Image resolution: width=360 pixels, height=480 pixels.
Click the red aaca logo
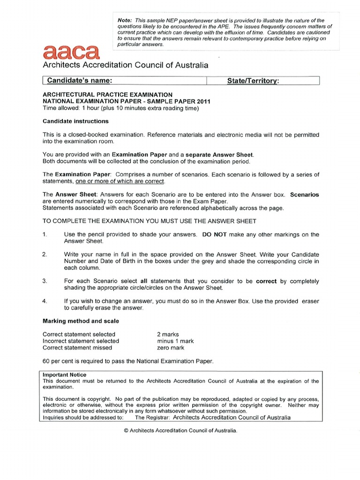(x=71, y=52)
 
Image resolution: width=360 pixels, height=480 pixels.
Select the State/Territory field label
(x=253, y=81)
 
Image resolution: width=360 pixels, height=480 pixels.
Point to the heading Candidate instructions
(x=75, y=121)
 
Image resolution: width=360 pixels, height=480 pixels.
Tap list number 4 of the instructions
(x=45, y=301)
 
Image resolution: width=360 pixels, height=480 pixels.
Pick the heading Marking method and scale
(x=81, y=321)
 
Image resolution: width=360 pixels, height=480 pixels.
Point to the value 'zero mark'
(x=171, y=348)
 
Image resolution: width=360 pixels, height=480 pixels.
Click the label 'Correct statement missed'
(x=77, y=348)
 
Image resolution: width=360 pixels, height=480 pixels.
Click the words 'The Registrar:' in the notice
(x=153, y=418)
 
